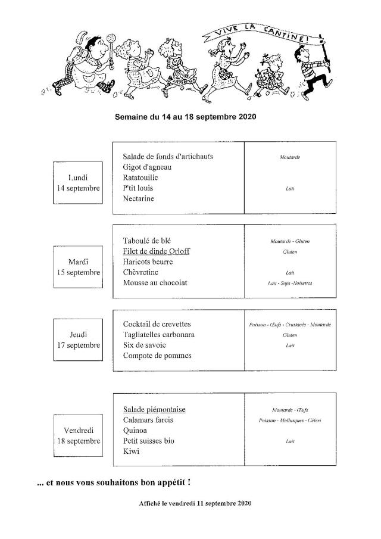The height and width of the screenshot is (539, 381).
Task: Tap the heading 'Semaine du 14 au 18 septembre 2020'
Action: point(185,117)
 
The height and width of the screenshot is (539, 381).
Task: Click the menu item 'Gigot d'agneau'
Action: point(147,167)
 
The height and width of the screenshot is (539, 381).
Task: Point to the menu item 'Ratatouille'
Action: point(140,177)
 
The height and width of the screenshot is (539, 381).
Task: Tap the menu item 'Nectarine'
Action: point(139,199)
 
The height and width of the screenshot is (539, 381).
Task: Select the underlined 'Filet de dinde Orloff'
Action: point(156,251)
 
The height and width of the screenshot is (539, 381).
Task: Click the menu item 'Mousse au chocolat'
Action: point(155,283)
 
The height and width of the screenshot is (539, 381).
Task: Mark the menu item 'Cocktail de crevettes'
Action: point(157,324)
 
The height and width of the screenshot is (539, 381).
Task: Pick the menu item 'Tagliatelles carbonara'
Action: point(159,335)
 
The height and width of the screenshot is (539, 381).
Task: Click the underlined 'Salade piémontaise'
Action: point(154,409)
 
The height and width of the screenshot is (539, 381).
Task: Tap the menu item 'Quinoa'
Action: point(135,431)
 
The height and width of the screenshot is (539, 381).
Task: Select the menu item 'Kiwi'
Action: point(130,452)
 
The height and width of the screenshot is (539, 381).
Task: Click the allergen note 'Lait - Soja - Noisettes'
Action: point(290,283)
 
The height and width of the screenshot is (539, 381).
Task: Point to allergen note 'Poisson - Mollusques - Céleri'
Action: point(290,420)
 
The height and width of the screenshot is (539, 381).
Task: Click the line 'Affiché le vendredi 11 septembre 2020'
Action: point(195,503)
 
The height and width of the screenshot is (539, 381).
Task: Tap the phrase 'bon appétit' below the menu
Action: point(165,481)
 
